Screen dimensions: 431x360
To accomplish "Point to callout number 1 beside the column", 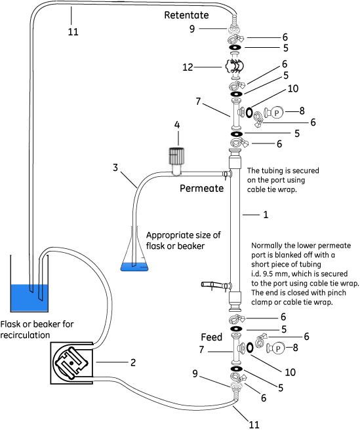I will (x=265, y=214).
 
